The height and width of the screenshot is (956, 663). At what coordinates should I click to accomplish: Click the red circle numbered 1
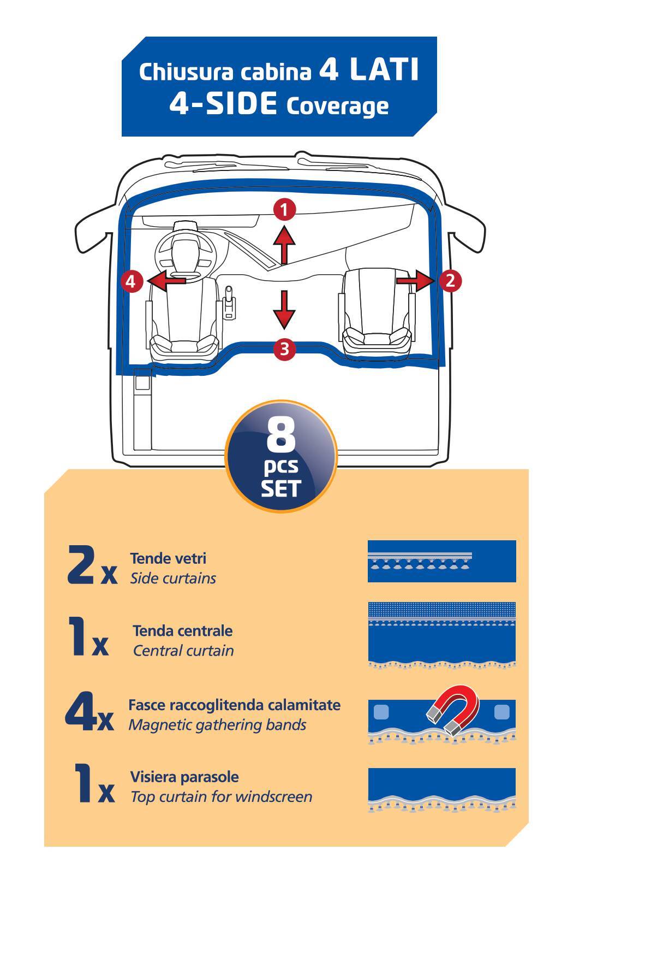click(x=284, y=209)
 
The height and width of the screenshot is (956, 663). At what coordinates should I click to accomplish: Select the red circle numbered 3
click(x=284, y=349)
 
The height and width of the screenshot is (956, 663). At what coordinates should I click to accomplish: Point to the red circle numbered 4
click(x=130, y=282)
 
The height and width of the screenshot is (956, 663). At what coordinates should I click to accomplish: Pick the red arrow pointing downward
click(x=284, y=310)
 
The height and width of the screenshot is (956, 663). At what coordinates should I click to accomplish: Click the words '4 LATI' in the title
click(x=369, y=70)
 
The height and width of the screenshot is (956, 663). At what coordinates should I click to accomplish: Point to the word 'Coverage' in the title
click(x=337, y=105)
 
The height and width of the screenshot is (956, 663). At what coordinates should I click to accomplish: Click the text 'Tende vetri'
click(x=168, y=558)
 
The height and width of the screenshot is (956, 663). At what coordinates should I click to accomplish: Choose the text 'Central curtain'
click(x=183, y=651)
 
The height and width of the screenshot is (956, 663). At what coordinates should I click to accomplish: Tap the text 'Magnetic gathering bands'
click(x=217, y=725)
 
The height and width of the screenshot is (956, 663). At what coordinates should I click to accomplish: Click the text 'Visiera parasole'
click(x=184, y=777)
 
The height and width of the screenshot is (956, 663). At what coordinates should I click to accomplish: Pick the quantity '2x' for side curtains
click(x=92, y=565)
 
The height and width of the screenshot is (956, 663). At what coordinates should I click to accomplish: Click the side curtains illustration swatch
click(x=441, y=561)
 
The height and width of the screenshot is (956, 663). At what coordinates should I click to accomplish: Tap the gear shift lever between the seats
click(x=230, y=302)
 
